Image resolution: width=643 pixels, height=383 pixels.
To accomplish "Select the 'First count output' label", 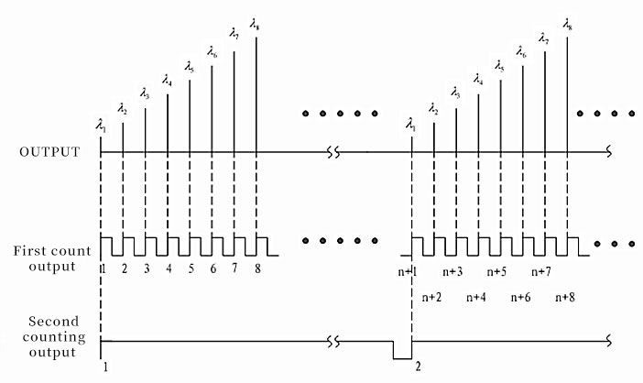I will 51,257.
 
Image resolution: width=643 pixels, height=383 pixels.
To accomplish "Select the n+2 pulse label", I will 432,298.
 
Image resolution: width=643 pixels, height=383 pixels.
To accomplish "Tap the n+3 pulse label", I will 454,271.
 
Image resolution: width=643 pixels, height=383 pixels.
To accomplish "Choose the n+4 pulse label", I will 477,298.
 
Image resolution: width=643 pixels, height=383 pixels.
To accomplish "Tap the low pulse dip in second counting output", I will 402,352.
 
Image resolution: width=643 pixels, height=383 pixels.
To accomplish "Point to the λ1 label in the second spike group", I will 411,124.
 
